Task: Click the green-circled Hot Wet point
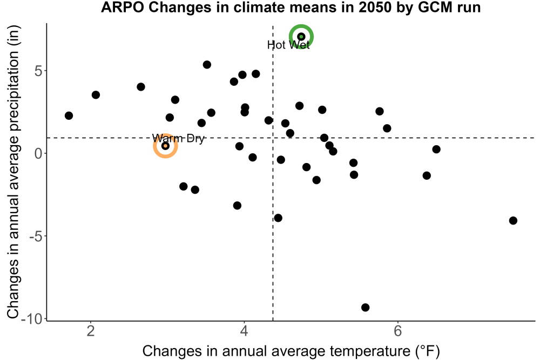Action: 301,37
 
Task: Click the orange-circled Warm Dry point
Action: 165,146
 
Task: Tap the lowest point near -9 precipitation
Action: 366,307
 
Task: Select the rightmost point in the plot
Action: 513,221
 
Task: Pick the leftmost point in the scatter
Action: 69,116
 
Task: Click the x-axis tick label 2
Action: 91,331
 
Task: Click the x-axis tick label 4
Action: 244,331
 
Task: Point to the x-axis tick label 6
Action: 398,331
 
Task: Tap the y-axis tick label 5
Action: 38,71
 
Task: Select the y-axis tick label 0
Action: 38,153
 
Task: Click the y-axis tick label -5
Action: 36,236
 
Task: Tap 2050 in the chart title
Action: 374,7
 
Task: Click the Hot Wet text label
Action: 288,45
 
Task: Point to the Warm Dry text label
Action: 178,138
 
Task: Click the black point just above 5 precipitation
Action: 207,65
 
